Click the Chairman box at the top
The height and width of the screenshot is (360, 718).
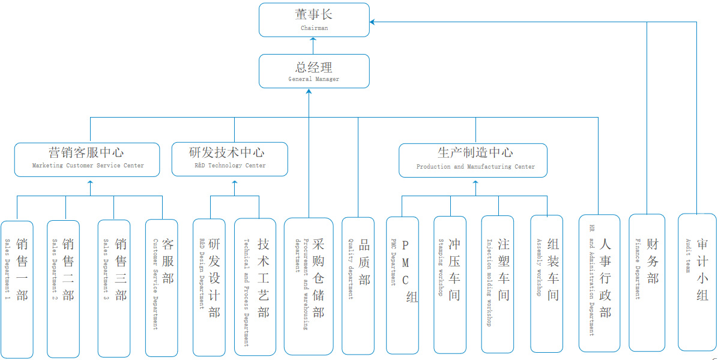coord(314,19)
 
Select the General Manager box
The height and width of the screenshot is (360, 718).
coord(314,71)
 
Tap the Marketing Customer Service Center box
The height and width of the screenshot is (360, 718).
coord(87,159)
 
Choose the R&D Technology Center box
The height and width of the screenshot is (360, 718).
coord(230,159)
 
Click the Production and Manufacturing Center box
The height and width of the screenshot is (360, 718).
coord(473,160)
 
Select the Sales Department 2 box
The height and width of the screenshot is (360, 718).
coord(63,288)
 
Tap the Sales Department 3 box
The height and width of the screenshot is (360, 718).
coord(114,288)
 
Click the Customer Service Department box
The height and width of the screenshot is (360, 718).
coord(161,287)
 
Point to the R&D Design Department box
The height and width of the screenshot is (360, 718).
coord(209,287)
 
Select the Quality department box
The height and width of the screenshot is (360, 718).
coord(358,285)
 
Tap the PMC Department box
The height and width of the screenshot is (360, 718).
coord(402,284)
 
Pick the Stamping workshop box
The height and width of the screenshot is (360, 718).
coord(450,284)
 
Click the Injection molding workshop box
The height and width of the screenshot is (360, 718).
coord(498,284)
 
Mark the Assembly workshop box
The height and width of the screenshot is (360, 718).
coord(546,283)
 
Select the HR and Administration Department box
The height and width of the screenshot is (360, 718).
coord(599,283)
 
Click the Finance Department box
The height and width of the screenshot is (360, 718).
coord(647,282)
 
